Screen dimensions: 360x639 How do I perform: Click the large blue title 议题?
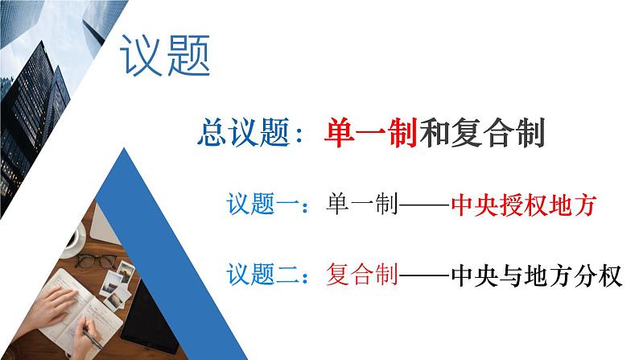click(165, 56)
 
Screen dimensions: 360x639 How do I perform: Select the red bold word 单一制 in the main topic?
click(372, 132)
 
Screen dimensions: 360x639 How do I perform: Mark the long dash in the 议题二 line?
click(423, 277)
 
